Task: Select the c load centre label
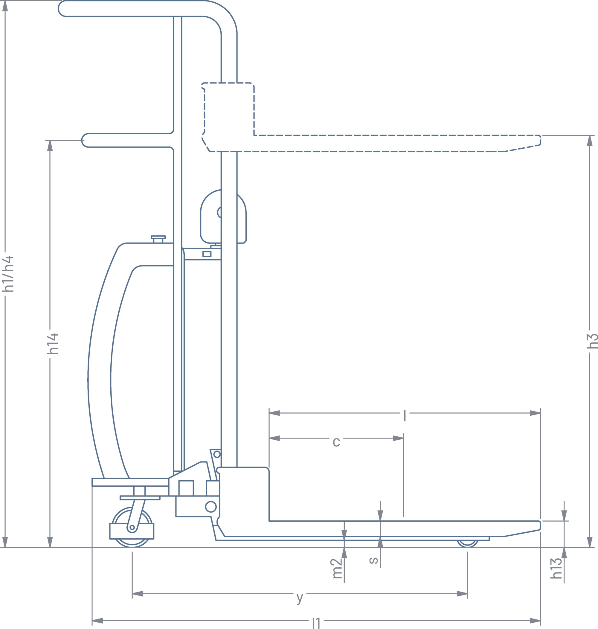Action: [x=336, y=442]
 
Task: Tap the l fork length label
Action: [x=405, y=416]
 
